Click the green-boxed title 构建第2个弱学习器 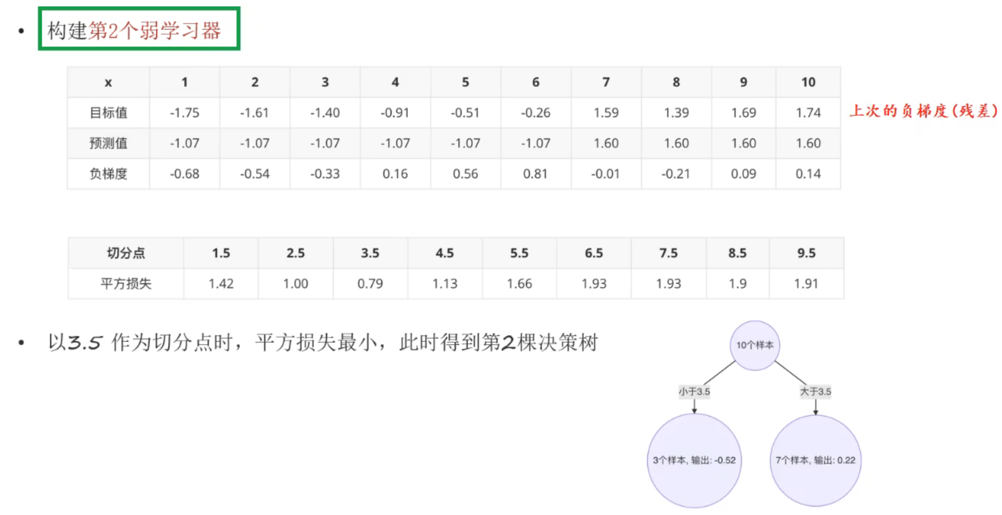pos(139,30)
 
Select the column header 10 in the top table pos(808,82)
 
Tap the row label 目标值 pos(109,113)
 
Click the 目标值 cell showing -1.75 pos(184,113)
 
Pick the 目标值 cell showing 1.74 pos(808,113)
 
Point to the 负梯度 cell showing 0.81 pos(535,174)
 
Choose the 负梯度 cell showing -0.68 pos(184,174)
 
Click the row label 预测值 pos(109,143)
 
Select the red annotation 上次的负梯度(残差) pos(923,111)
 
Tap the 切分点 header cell pos(125,253)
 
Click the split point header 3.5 pos(370,253)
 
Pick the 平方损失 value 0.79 pos(370,284)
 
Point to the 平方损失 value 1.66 pos(519,284)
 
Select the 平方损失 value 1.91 pos(806,284)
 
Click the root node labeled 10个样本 pos(755,345)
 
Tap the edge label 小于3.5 pos(694,391)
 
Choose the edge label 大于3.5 pos(815,391)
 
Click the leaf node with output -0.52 pos(694,460)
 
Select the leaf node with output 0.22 pos(815,460)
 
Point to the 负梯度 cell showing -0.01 pos(606,174)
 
